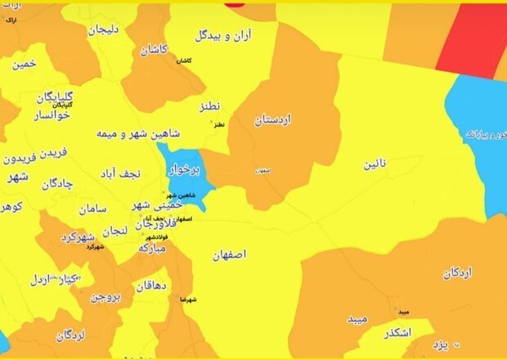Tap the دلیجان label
[104, 29]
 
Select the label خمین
[25, 63]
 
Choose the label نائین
[371, 164]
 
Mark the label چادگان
[56, 183]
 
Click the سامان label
[94, 209]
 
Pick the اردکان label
[461, 272]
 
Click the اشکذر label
[395, 333]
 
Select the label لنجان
[114, 231]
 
